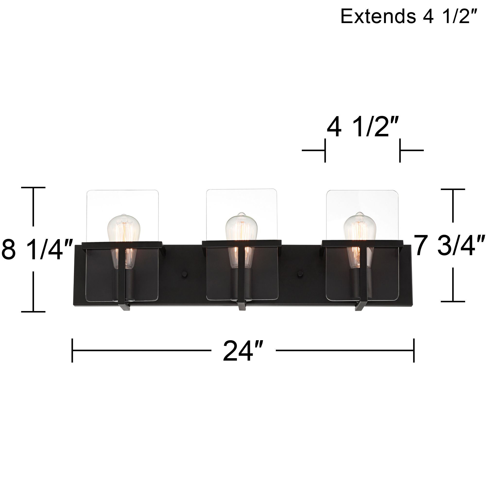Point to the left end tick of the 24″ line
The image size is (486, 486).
[72, 350]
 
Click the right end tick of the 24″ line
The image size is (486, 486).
[414, 350]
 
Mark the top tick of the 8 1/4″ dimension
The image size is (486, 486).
[33, 188]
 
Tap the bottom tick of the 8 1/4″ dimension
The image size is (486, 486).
[33, 312]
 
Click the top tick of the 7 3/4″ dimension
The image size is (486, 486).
[453, 189]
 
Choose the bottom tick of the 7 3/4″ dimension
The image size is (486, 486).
[453, 301]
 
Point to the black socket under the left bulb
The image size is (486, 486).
[131, 284]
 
